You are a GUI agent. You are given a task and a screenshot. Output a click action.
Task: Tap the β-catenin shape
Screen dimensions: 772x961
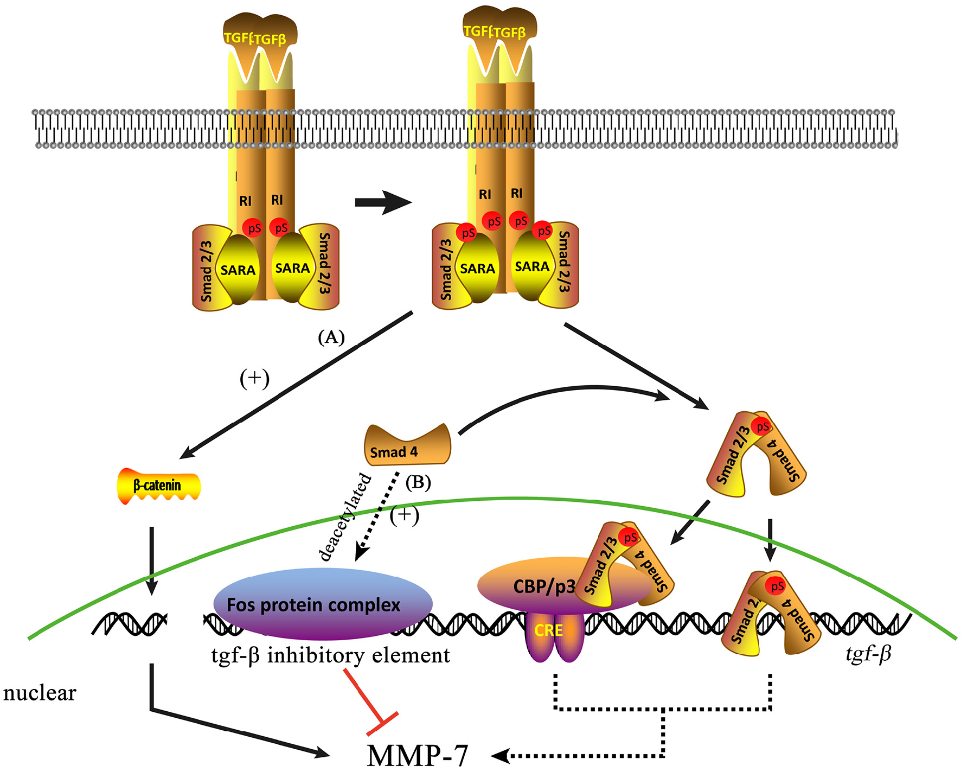coord(158,486)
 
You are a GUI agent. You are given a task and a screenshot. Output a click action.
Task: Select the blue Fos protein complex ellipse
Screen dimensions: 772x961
coord(322,603)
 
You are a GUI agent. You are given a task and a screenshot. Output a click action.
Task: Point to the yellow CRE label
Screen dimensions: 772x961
coord(548,630)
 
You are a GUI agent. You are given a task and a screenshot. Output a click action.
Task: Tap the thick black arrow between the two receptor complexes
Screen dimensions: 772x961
coord(383,202)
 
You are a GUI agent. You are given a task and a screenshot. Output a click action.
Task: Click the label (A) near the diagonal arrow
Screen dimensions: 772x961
coord(331,337)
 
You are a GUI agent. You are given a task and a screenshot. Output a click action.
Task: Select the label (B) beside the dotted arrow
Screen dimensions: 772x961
coord(418,482)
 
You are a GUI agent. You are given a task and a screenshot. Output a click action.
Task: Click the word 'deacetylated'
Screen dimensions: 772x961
coord(345,516)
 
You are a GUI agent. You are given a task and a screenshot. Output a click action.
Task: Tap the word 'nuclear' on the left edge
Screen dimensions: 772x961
coord(40,693)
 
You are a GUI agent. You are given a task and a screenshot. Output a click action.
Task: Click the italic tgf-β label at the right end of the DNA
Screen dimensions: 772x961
coord(868,654)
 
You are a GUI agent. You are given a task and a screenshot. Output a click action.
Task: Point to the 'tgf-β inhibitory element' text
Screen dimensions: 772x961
coord(330,655)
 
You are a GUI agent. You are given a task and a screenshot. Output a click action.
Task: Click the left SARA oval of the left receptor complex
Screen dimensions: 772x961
coord(238,270)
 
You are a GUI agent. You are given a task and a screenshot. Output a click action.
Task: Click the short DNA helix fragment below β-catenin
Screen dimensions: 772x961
coord(130,624)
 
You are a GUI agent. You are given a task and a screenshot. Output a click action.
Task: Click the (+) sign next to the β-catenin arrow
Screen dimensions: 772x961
coord(254,378)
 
